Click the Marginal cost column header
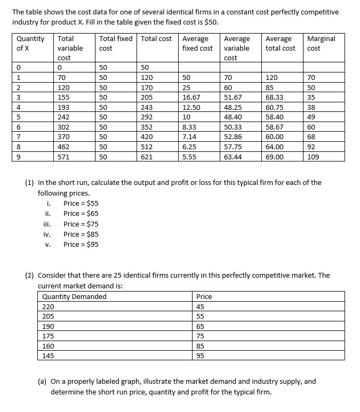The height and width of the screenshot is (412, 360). click(x=321, y=43)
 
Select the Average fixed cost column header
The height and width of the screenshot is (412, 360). click(x=197, y=43)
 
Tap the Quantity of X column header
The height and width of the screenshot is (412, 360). click(x=30, y=43)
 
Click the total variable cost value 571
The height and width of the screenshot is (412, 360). click(x=65, y=157)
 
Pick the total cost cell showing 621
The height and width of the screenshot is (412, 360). click(x=147, y=157)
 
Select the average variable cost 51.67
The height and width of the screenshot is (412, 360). click(x=233, y=98)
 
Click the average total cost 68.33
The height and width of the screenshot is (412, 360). click(x=274, y=98)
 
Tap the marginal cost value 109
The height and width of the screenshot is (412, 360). click(x=314, y=157)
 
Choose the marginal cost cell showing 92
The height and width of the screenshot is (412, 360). click(x=311, y=147)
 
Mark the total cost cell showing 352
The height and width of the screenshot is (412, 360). click(x=147, y=127)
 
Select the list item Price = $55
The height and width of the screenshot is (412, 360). click(x=81, y=203)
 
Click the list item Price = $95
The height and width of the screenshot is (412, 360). click(x=81, y=244)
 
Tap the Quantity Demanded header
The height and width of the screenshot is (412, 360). click(x=74, y=296)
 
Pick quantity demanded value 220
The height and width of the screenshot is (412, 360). click(x=48, y=306)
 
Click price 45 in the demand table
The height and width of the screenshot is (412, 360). click(x=201, y=306)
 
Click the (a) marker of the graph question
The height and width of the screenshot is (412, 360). click(x=43, y=381)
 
